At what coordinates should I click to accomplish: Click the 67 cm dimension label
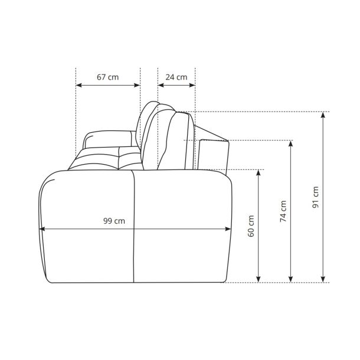coord(107,77)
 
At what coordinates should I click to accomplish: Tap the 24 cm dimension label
coord(176,77)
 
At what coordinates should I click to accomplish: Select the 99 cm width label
coord(114,221)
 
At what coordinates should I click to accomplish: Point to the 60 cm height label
coord(251,226)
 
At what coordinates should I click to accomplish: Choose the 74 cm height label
coord(283,211)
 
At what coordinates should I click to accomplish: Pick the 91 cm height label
coord(316,197)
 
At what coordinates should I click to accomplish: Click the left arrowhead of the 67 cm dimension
coord(78,86)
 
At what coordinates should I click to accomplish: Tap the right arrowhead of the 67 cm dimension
coord(137,86)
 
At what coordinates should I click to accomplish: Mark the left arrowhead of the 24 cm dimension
coord(161,86)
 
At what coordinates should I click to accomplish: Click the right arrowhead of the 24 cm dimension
coord(192,86)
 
